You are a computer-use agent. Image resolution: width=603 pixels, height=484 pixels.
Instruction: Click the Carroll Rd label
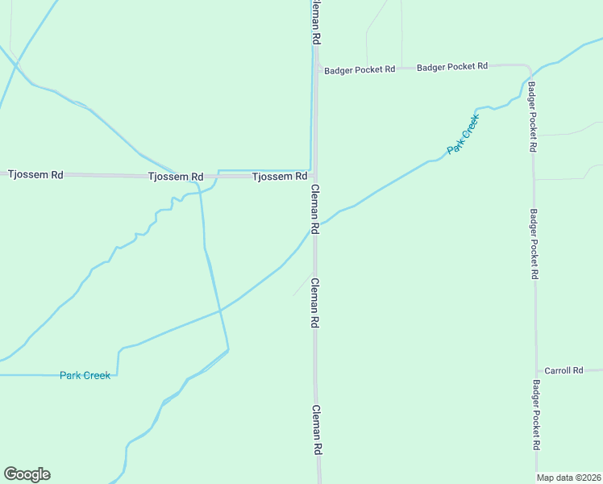pos(563,370)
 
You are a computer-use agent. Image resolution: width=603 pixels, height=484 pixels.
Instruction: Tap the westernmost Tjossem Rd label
pos(35,174)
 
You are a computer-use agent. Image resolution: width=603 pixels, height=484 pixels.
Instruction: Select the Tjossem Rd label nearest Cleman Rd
pos(279,176)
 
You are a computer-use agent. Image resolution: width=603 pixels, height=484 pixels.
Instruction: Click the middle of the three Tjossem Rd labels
pos(176,176)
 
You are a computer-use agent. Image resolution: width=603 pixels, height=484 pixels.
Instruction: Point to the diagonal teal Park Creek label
pos(464,134)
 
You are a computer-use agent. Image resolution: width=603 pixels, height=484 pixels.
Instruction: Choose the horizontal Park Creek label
pos(85,375)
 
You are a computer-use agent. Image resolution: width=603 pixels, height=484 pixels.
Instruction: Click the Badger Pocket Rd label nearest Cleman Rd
pos(360,70)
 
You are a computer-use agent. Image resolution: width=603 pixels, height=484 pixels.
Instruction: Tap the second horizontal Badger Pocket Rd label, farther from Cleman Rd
pos(452,67)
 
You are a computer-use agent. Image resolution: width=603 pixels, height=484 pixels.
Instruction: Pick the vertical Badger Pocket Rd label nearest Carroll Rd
pos(537,415)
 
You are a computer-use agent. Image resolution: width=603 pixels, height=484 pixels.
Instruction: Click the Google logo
pos(27,474)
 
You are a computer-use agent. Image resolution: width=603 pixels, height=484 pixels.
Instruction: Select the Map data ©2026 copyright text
pos(569,478)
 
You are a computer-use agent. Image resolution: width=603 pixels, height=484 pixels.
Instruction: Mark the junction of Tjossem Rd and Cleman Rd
pos(315,175)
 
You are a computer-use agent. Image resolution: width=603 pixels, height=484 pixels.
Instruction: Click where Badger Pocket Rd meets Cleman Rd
pos(317,66)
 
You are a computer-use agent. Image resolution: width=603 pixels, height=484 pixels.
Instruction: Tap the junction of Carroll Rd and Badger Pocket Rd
pos(535,370)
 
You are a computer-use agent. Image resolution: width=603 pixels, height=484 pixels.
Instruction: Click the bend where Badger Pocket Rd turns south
pos(529,68)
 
